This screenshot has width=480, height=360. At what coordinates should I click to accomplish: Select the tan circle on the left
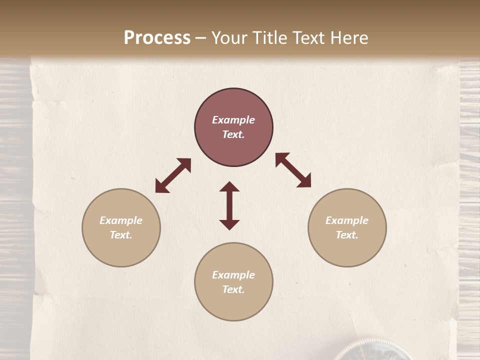pos(121,227)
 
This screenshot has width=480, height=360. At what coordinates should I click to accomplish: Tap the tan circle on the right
pos(347,227)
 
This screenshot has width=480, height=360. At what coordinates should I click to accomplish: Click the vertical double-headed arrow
pos(229,205)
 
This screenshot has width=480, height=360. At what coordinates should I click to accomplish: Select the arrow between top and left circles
pos(173,175)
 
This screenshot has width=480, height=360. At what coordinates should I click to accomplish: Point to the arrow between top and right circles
pos(293,170)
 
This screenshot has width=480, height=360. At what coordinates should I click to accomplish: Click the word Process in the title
pos(157,38)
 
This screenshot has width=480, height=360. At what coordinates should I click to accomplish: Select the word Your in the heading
pos(229,38)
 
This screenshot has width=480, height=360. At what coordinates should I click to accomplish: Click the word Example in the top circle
pos(233,120)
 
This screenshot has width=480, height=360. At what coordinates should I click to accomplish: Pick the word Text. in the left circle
pos(121,235)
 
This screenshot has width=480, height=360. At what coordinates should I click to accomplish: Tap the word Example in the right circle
pos(347,220)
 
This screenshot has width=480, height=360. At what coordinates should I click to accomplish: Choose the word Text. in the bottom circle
pos(233,289)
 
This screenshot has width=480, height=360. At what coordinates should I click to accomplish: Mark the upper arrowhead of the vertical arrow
pos(229,186)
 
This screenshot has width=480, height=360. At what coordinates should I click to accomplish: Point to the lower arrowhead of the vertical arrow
pos(229,224)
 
